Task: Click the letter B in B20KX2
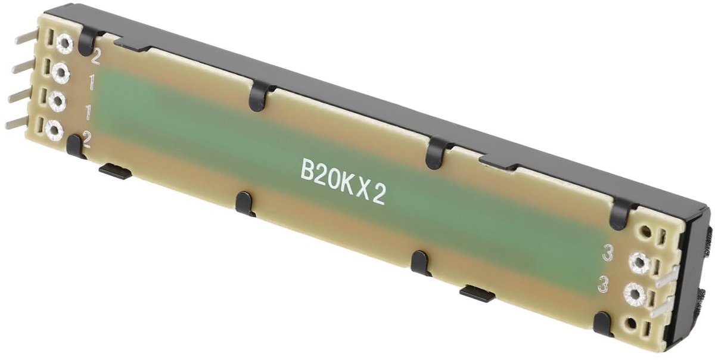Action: click(307, 171)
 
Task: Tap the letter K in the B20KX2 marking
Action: click(346, 184)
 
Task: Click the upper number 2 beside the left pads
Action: click(95, 59)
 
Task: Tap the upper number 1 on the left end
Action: click(92, 83)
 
